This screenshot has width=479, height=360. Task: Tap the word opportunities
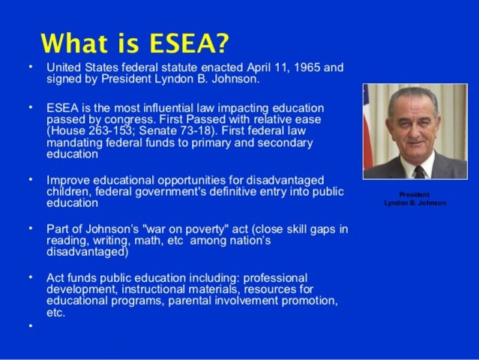click(190, 180)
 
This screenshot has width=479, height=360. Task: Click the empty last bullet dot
click(31, 325)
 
